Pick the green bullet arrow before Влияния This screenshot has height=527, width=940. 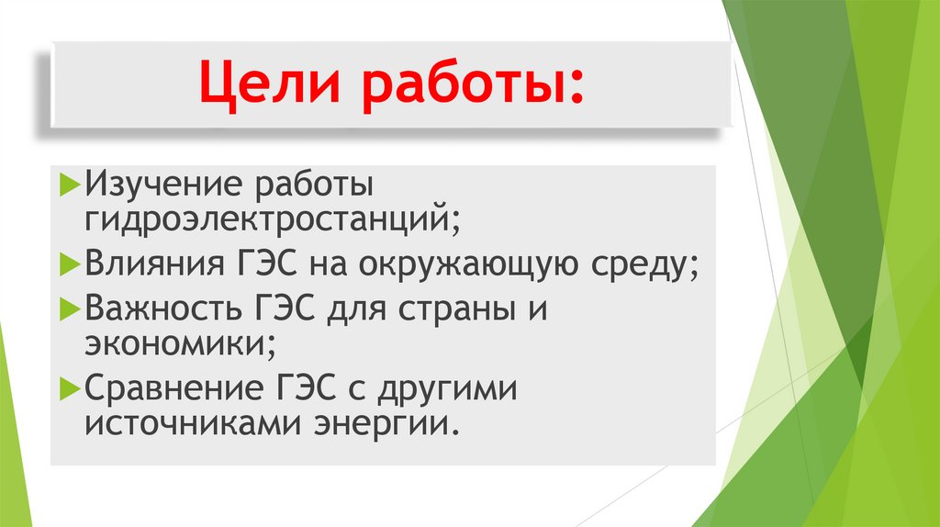click(72, 265)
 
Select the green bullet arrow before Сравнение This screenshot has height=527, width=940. click(72, 387)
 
